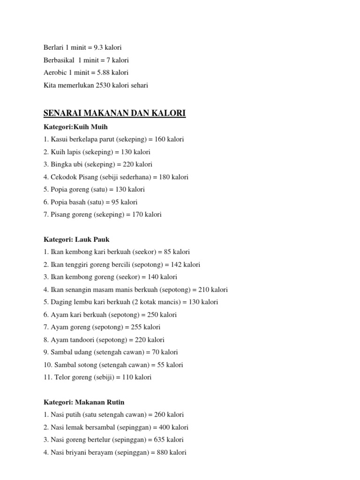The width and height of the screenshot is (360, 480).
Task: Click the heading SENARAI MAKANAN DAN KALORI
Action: click(x=114, y=113)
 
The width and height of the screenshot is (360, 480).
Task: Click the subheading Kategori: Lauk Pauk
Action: click(x=76, y=239)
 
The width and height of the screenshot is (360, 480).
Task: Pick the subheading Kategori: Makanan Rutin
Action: click(x=84, y=402)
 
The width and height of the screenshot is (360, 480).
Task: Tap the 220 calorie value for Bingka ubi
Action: click(x=126, y=165)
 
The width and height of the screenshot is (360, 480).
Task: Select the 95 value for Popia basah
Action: click(x=115, y=202)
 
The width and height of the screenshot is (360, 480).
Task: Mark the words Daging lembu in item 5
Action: click(x=70, y=302)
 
